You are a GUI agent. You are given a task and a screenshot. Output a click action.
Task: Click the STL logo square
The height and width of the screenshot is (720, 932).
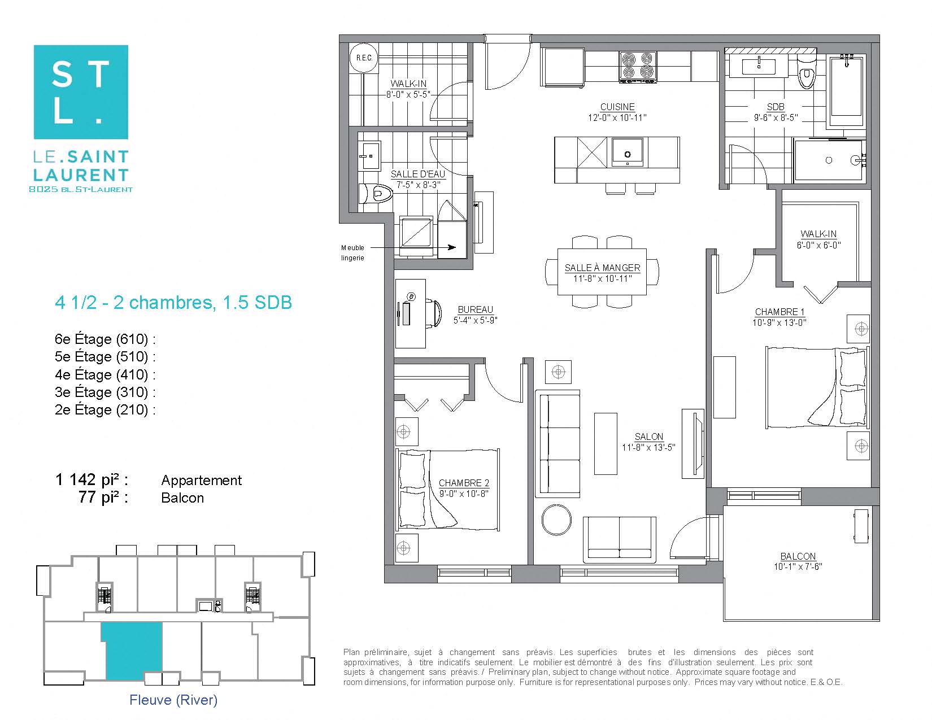point(81,92)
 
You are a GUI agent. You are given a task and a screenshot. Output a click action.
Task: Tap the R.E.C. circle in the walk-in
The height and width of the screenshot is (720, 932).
point(364,58)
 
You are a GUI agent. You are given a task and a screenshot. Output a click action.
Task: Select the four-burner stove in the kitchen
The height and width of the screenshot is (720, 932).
point(638,66)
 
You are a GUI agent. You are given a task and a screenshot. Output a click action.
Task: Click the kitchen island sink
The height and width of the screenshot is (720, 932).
point(628,152)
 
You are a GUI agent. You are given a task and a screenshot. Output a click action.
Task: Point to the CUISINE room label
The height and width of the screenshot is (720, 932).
point(617,107)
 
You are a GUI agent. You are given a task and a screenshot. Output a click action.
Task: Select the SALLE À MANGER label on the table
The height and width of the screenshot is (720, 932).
point(602,268)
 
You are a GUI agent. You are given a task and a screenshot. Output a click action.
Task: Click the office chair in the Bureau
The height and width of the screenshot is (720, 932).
point(433,313)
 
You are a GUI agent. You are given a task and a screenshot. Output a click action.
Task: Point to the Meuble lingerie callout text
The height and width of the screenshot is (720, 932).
point(352,252)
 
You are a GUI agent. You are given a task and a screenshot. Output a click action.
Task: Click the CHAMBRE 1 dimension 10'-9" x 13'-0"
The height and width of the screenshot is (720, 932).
point(779,322)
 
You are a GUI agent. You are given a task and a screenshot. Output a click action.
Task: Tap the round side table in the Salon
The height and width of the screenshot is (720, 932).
point(556,520)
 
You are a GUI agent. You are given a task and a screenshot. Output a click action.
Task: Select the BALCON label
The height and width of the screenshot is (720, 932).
point(798,556)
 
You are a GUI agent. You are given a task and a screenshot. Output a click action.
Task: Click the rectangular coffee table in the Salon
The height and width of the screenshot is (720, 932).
point(606,443)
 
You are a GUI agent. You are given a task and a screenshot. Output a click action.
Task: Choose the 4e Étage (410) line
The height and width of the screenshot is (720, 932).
point(105,374)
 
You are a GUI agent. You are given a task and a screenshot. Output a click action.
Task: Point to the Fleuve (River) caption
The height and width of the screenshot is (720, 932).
point(173,700)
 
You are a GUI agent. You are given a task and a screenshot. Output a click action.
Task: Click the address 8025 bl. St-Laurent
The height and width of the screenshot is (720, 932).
point(81,190)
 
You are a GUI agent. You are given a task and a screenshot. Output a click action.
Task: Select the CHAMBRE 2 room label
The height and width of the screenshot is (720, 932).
point(464,483)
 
